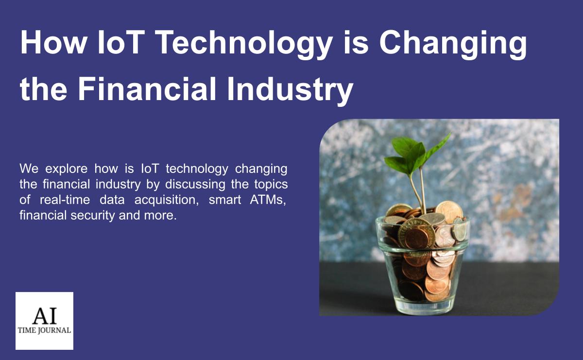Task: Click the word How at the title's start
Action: click(53, 42)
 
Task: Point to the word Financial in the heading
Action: click(147, 88)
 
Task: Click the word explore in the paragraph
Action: click(67, 169)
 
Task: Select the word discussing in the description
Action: click(195, 184)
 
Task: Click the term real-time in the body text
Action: click(65, 200)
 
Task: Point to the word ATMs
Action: click(268, 200)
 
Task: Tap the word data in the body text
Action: click(112, 200)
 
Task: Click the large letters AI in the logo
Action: click(45, 315)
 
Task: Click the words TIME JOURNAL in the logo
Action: click(44, 330)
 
